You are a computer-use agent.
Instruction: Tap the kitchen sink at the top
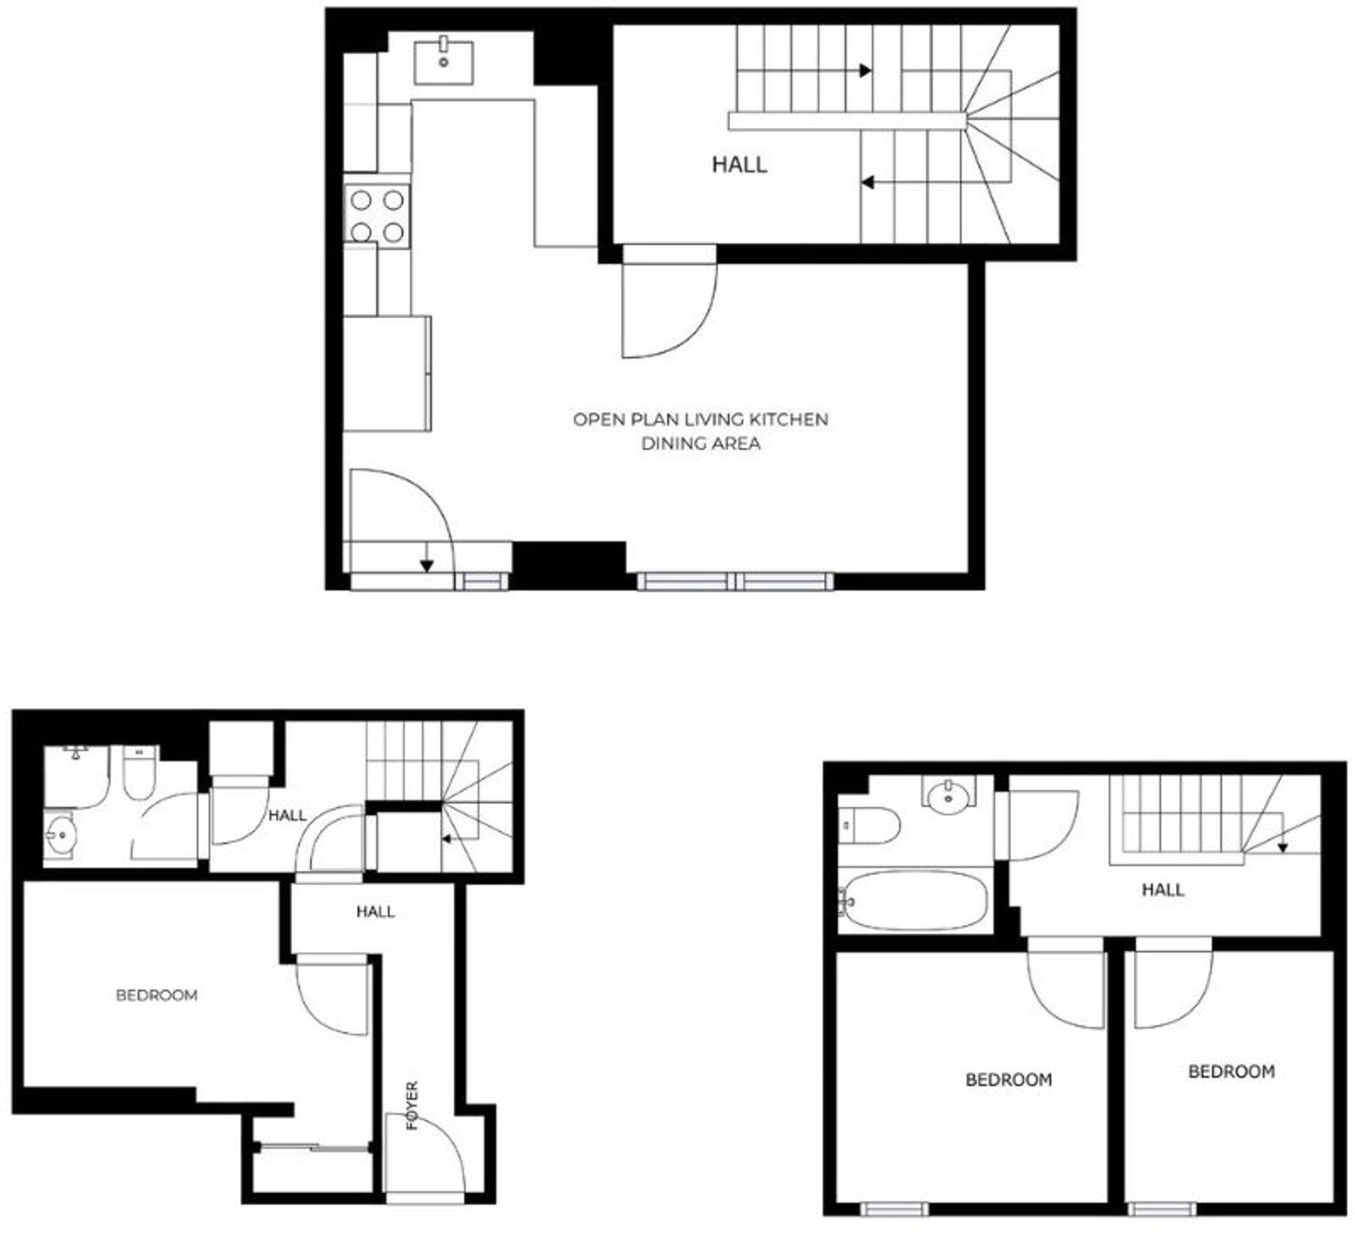point(444,62)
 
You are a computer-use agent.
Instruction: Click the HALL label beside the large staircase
point(739,165)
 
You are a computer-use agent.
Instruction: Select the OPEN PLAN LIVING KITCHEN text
point(700,419)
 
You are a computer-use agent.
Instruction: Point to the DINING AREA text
point(700,444)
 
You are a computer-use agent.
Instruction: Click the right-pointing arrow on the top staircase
point(865,70)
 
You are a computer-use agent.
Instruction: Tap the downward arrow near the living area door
point(427,564)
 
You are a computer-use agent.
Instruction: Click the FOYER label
point(412,1106)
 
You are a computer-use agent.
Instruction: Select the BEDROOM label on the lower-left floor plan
point(157,995)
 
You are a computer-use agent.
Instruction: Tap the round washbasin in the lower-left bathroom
point(60,835)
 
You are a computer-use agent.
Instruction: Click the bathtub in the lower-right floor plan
point(914,902)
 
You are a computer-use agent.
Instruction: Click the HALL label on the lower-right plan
point(1163,890)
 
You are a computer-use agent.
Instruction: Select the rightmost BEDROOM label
point(1230,1071)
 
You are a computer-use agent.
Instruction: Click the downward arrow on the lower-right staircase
point(1283,847)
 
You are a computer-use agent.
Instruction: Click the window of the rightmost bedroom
point(1162,1209)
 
